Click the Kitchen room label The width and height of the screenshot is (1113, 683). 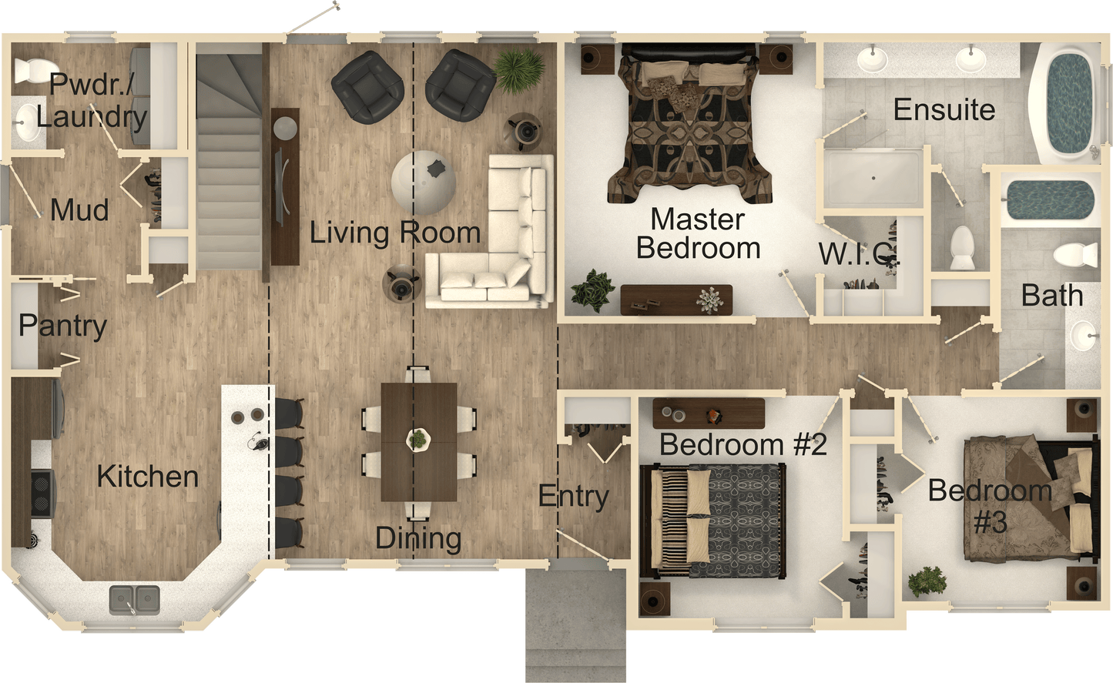pyautogui.click(x=148, y=477)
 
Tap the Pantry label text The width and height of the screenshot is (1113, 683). pyautogui.click(x=62, y=326)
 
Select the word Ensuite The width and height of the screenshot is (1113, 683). pyautogui.click(x=944, y=109)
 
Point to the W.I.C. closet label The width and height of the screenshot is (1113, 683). pyautogui.click(x=859, y=254)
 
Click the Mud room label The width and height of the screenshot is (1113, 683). pyautogui.click(x=79, y=209)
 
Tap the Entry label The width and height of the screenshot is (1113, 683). pyautogui.click(x=573, y=497)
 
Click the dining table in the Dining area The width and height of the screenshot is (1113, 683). pyautogui.click(x=418, y=440)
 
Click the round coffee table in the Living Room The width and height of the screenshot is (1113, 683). pyautogui.click(x=424, y=182)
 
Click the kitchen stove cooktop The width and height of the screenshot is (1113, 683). pyautogui.click(x=40, y=493)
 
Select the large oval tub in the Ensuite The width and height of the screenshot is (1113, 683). pyautogui.click(x=1068, y=100)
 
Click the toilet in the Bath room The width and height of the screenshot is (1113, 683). pyautogui.click(x=1075, y=253)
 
